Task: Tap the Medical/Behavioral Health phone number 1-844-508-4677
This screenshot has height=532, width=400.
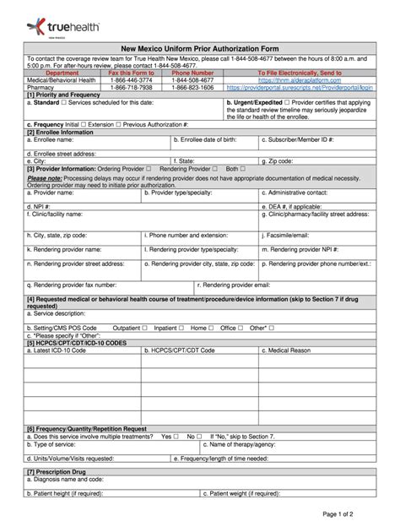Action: pos(192,80)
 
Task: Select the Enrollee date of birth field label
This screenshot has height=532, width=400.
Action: pos(209,139)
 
